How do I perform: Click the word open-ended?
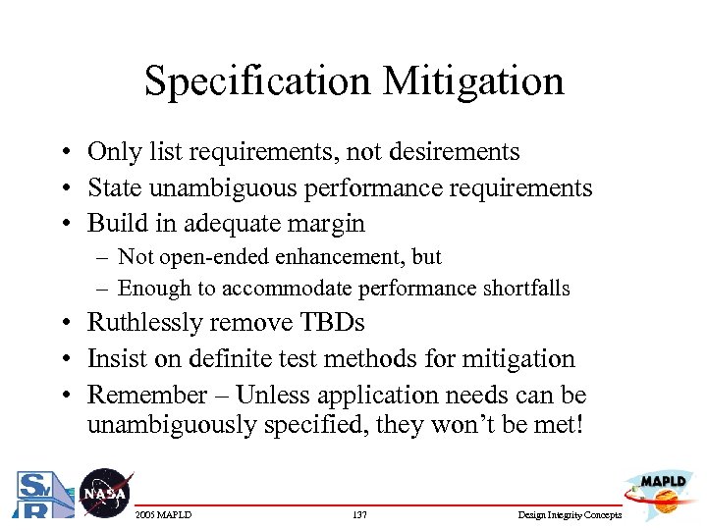point(212,257)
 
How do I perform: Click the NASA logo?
point(103,493)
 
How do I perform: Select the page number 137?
point(358,515)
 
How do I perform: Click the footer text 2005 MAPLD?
point(165,515)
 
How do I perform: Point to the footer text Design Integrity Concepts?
point(571,515)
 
